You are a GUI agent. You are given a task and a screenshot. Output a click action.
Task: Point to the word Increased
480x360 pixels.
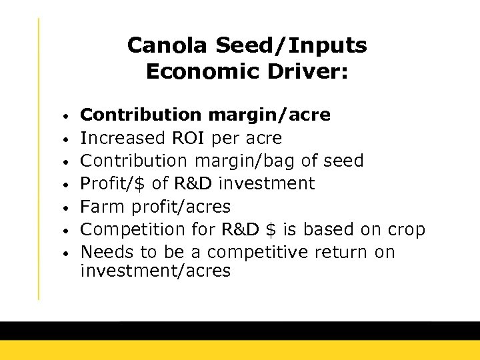pos(123,138)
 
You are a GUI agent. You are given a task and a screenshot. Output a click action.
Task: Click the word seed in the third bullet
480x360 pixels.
pos(341,161)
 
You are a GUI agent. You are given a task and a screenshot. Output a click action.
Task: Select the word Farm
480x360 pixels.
pos(101,206)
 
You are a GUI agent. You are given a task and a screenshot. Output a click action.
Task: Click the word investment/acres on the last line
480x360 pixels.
pos(155,270)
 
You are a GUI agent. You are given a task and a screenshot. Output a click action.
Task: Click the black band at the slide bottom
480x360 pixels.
pos(240,331)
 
